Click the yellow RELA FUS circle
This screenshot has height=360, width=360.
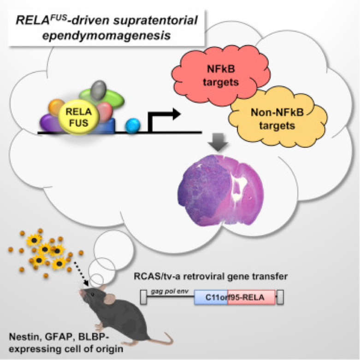(x=78, y=117)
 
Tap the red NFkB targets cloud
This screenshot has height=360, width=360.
(x=220, y=75)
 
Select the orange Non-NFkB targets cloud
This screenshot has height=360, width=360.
(x=278, y=118)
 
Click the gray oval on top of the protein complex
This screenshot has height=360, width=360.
(x=98, y=90)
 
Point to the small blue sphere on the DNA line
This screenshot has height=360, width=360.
(x=132, y=125)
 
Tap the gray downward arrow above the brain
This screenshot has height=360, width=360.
(x=218, y=142)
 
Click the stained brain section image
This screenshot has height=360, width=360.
(x=221, y=190)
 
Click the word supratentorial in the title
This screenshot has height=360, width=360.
(x=155, y=21)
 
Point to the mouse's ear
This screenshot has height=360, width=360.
(x=110, y=299)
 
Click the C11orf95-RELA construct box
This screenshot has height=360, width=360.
(x=235, y=297)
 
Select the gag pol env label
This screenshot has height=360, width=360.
(x=170, y=291)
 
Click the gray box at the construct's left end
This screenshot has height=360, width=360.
(x=143, y=297)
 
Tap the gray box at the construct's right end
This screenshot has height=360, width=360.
(x=280, y=297)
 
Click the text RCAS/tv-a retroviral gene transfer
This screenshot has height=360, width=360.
(x=211, y=276)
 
